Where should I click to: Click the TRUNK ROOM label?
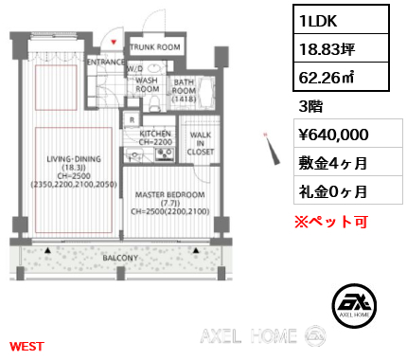[155, 46]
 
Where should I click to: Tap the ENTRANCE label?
[106, 63]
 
